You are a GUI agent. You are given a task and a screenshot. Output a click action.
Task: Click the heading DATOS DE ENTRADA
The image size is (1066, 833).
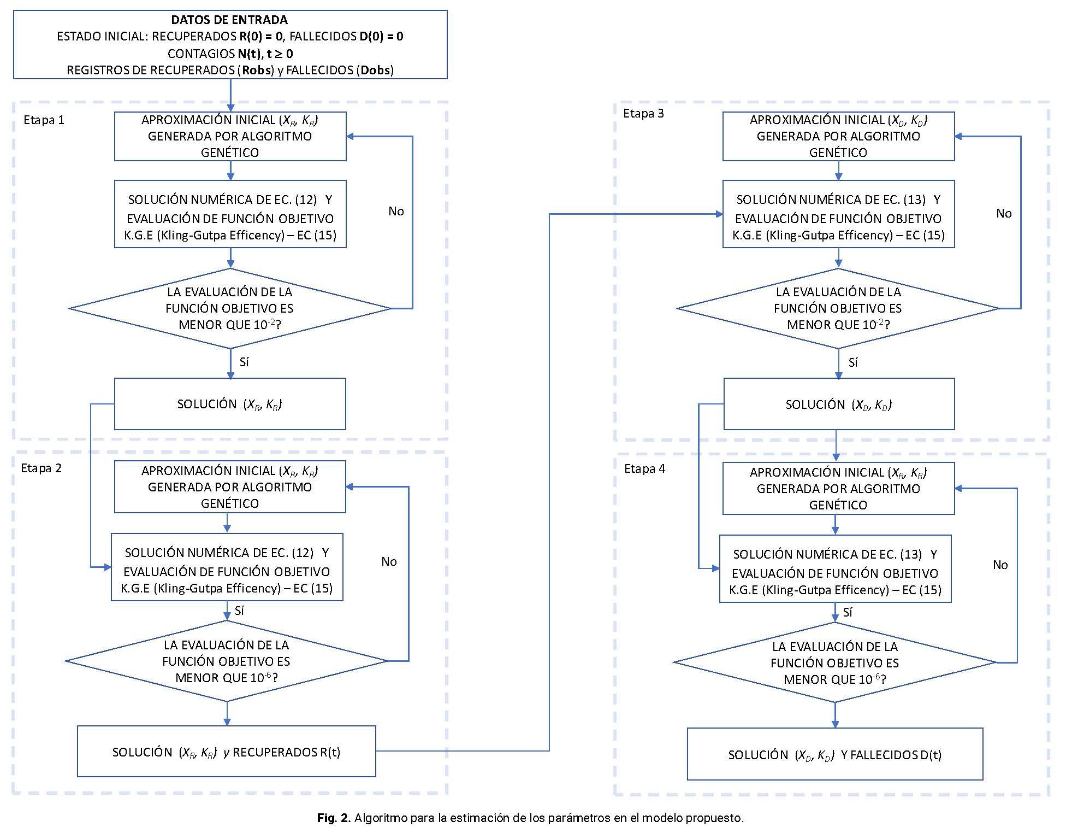pos(229,20)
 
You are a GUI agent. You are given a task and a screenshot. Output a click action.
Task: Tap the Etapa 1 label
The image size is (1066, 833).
pos(44,120)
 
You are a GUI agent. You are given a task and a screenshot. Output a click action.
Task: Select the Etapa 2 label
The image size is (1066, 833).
pos(42,468)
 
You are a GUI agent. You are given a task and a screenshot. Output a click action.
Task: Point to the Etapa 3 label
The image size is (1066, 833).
pos(643,113)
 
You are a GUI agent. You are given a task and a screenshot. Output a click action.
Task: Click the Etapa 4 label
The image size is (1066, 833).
pos(644,468)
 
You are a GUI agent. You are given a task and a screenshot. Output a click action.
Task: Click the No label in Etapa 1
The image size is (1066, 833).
pos(396,211)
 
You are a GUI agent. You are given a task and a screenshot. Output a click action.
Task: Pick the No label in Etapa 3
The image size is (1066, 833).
pos(1004,213)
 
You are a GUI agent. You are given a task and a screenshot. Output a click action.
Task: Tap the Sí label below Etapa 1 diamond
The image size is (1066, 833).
pos(244,362)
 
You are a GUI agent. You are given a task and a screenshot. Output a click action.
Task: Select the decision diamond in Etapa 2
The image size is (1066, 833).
pos(227,661)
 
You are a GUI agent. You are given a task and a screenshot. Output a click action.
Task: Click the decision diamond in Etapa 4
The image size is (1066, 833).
pos(835,662)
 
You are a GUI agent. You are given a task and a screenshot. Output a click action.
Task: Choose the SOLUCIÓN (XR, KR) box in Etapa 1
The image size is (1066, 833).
pos(230,404)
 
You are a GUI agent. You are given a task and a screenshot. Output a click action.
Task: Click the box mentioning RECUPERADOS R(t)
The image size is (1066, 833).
pos(227,751)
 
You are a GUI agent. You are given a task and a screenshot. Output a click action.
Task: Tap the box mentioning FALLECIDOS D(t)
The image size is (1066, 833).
pos(835,754)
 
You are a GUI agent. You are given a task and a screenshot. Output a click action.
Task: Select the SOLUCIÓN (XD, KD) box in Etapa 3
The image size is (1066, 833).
pos(839,404)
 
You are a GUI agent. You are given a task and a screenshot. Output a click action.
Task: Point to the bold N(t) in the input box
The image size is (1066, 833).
pos(250,54)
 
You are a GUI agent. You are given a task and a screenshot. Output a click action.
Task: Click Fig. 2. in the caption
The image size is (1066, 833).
pos(333,818)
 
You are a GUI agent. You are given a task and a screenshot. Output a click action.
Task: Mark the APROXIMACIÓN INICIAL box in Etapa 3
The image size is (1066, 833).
pos(839,136)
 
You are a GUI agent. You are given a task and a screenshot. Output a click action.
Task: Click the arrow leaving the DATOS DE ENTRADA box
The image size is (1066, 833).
pos(230,95)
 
